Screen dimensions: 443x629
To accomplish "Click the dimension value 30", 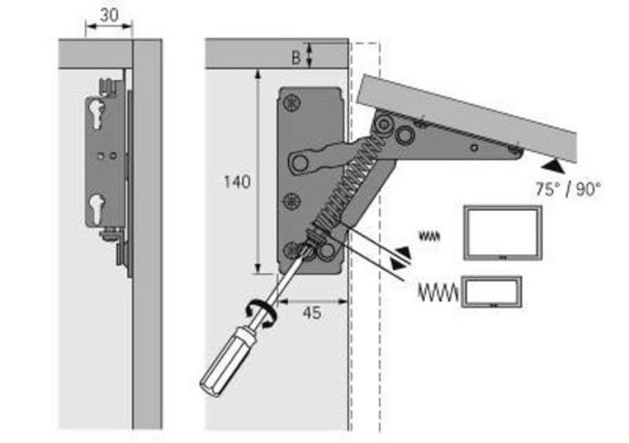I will coord(109,16).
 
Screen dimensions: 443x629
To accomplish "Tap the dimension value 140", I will coord(237,182).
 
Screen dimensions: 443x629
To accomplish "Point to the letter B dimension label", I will coord(296,57).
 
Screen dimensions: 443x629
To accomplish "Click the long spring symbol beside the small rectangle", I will coord(438,292).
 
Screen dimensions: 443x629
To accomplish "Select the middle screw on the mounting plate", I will coord(291,202).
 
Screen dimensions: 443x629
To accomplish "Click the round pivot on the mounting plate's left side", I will coord(299,164).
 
